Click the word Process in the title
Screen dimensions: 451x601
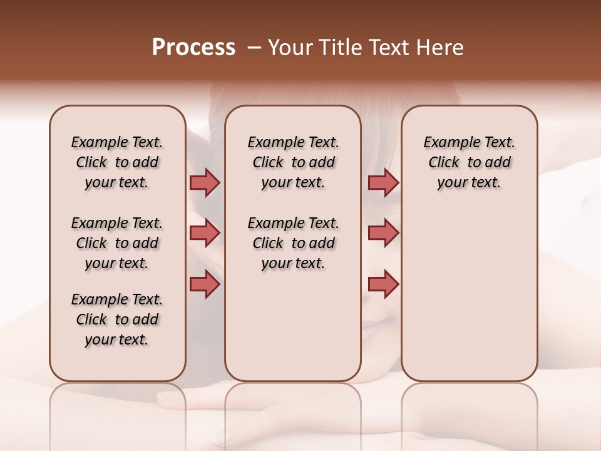pyautogui.click(x=193, y=48)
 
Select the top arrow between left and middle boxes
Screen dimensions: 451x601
pyautogui.click(x=205, y=182)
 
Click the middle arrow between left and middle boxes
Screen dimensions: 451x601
pyautogui.click(x=205, y=233)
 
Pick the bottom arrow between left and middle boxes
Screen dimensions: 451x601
pyautogui.click(x=205, y=284)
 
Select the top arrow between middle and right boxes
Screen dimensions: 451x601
pyautogui.click(x=383, y=182)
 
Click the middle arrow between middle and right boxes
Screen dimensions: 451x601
pyautogui.click(x=383, y=233)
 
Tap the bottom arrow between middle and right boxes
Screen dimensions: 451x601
pyautogui.click(x=383, y=284)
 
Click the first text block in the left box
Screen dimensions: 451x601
pyautogui.click(x=117, y=162)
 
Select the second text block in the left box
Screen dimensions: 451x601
pyautogui.click(x=117, y=243)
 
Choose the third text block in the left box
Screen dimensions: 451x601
pyautogui.click(x=117, y=319)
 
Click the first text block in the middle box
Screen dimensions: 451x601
pyautogui.click(x=293, y=162)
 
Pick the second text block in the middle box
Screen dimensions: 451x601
pyautogui.click(x=293, y=243)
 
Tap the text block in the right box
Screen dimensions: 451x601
pyautogui.click(x=469, y=162)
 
